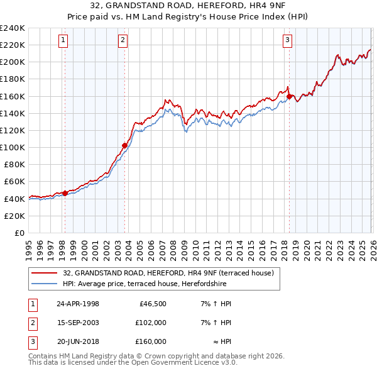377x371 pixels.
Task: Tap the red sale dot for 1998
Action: pos(65,193)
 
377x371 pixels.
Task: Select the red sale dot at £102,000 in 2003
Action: pos(124,146)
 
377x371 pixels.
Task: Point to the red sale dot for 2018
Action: pos(289,96)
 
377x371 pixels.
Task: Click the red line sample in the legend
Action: pos(44,274)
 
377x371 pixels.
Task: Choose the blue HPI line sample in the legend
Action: pos(44,284)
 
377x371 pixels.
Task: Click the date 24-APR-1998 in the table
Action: pos(78,304)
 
